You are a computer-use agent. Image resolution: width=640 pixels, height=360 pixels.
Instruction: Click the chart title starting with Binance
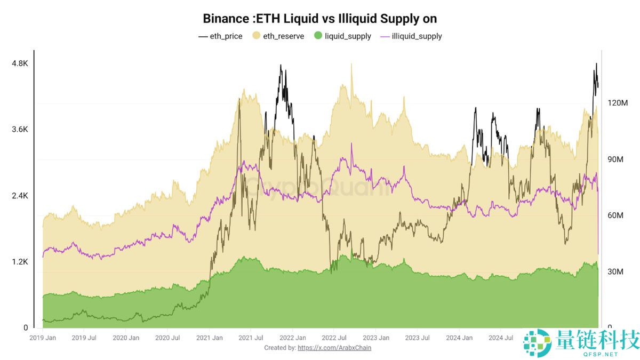319,19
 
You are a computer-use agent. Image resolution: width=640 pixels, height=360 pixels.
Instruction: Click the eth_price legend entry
220,36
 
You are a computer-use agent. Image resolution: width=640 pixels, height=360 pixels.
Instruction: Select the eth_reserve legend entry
278,36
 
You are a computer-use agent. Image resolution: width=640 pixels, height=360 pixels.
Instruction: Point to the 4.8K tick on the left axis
20,63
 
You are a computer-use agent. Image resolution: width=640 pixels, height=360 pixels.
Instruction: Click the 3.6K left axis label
20,130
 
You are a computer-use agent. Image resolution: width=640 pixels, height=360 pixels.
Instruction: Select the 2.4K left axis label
20,196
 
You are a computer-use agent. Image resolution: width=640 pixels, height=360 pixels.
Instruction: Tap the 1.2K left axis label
20,262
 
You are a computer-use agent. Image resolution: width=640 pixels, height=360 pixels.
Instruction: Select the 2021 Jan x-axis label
210,338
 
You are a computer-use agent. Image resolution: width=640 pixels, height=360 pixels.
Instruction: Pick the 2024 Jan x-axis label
460,338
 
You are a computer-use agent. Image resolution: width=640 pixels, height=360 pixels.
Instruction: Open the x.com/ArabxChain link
334,348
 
